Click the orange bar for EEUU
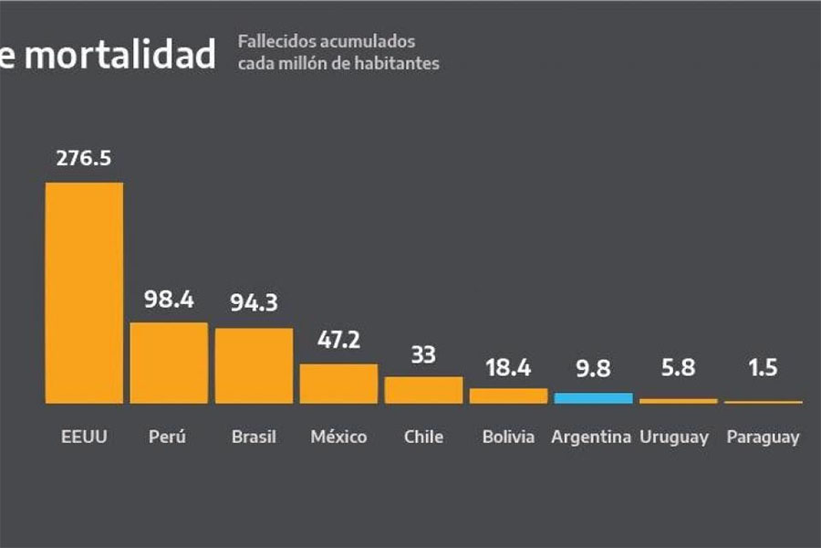click(84, 292)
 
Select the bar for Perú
click(169, 363)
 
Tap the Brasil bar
click(254, 365)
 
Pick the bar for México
click(338, 384)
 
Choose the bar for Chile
click(423, 390)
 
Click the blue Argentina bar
click(593, 398)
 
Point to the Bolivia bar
click(508, 395)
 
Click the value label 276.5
click(84, 158)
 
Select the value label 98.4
click(169, 299)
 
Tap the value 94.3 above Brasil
click(254, 303)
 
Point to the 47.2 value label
click(338, 340)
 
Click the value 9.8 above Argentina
click(593, 369)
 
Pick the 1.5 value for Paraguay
click(764, 369)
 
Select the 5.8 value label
click(678, 369)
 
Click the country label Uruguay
click(674, 437)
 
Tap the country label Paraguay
click(763, 437)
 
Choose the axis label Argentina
click(591, 437)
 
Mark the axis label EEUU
click(84, 437)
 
